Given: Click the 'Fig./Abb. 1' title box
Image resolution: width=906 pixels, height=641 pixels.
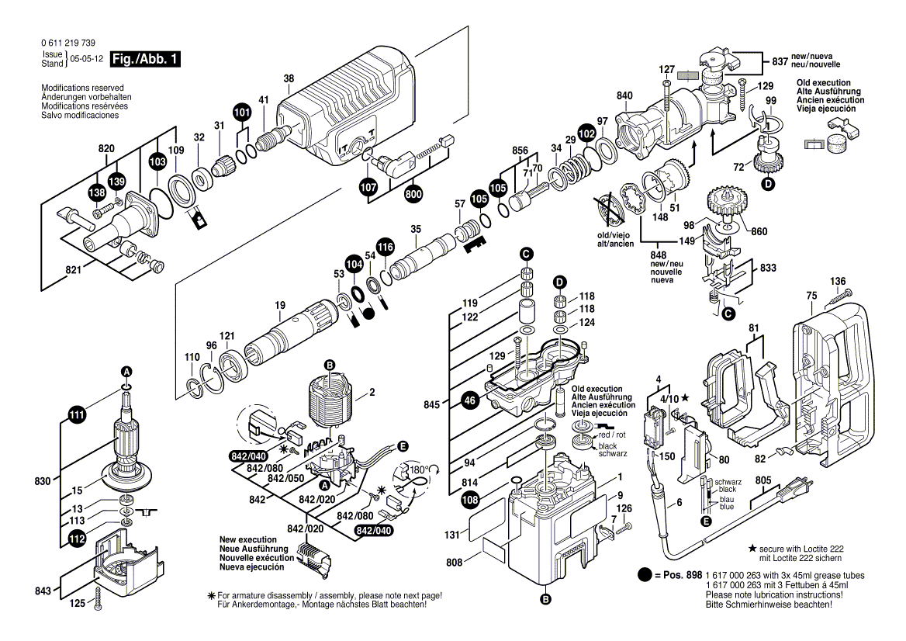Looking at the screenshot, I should pos(145,59).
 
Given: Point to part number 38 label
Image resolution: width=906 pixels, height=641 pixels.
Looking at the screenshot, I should pos(289,78).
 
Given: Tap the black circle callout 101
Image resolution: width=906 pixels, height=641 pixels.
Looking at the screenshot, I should pos(243,113).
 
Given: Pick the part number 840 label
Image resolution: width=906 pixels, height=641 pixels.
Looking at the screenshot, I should pos(624,96).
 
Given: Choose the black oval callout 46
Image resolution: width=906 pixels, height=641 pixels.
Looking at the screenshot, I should pos(469,400).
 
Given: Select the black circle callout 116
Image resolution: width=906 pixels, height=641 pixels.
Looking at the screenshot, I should pos(386,248).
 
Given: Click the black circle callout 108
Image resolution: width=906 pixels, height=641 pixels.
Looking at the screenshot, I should pos(470,501).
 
